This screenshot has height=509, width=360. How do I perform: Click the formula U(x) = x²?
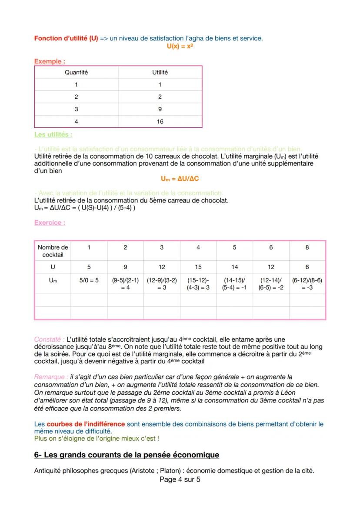[x=180, y=46]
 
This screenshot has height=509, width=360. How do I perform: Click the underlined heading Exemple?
[x=50, y=61]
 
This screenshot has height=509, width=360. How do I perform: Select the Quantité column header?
[x=76, y=73]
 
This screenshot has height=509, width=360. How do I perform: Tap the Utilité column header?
[x=160, y=73]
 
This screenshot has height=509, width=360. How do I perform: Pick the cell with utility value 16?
[x=160, y=121]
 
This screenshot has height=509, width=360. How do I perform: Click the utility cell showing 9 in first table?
[x=160, y=110]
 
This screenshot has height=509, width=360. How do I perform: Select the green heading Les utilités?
[x=53, y=134]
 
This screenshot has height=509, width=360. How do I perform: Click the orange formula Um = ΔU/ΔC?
[x=180, y=179]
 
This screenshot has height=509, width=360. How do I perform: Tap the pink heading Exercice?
[x=50, y=223]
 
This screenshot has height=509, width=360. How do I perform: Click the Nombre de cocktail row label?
[x=53, y=251]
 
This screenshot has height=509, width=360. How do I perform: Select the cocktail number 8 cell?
[x=307, y=247]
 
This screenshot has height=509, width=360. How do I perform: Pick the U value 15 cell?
[x=198, y=267]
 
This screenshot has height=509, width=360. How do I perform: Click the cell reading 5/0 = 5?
[x=89, y=280]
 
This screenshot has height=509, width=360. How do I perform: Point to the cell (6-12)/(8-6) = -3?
[x=307, y=284]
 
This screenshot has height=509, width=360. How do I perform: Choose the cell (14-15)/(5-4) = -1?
[x=234, y=284]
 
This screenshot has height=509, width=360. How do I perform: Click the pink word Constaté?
[x=49, y=339]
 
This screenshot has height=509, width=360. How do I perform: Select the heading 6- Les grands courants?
[x=127, y=455]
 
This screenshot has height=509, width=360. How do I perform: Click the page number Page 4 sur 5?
[x=180, y=480]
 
